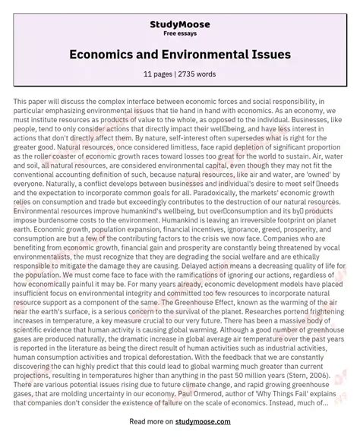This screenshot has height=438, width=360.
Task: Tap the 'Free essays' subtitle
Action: [180, 24]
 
